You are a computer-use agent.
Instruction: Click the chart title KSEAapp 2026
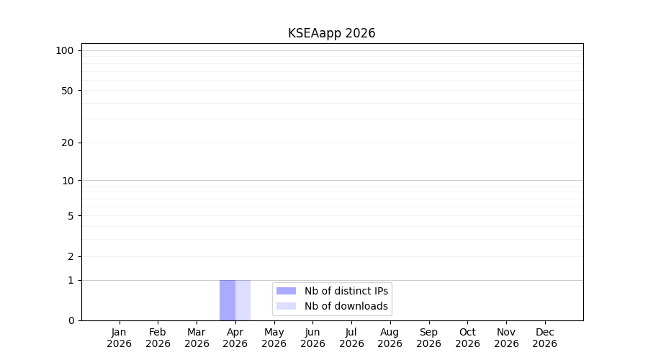click(331, 33)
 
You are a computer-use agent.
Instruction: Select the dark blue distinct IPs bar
click(228, 300)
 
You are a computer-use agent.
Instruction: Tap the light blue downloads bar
click(243, 300)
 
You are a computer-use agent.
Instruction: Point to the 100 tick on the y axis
click(65, 51)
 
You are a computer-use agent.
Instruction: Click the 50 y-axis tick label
click(68, 91)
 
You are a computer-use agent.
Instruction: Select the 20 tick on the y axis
click(68, 143)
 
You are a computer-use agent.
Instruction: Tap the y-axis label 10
click(68, 181)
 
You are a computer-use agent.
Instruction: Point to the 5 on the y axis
click(71, 216)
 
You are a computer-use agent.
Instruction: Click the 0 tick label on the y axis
click(71, 320)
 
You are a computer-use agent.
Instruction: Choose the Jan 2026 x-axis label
click(119, 338)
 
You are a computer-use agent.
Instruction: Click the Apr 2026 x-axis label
click(235, 338)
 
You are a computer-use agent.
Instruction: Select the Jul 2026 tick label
click(351, 338)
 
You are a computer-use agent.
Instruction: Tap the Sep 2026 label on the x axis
click(428, 338)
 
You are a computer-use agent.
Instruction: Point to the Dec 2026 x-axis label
click(545, 338)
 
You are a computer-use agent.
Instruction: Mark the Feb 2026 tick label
click(158, 338)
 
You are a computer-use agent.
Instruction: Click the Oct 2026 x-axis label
click(467, 338)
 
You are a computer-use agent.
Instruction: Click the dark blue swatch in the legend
click(286, 291)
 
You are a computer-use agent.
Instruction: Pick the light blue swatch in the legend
click(286, 306)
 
